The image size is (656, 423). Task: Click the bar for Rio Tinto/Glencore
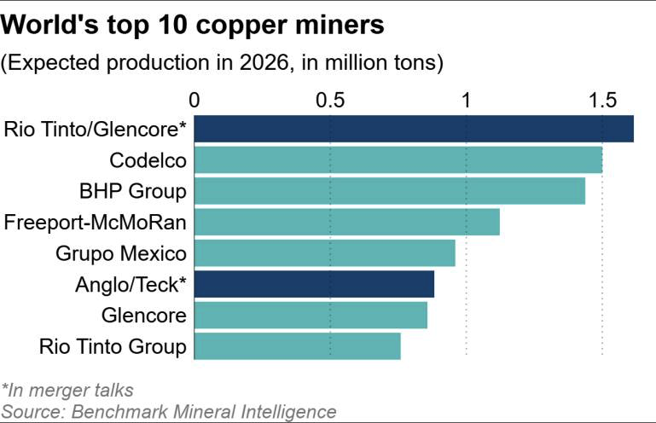pyautogui.click(x=414, y=129)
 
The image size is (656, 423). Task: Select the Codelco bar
pyautogui.click(x=398, y=160)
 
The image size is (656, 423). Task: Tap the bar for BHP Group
pyautogui.click(x=390, y=191)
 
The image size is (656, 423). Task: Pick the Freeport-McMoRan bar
pyautogui.click(x=347, y=223)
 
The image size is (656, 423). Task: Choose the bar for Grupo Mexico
pyautogui.click(x=325, y=253)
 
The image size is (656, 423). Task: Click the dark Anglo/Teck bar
pyautogui.click(x=314, y=284)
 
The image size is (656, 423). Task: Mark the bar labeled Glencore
pyautogui.click(x=311, y=315)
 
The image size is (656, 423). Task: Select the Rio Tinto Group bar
pyautogui.click(x=298, y=345)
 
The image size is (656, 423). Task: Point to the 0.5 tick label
pyautogui.click(x=330, y=99)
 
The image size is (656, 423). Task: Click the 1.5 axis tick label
pyautogui.click(x=602, y=99)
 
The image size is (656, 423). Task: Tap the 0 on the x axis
pyautogui.click(x=195, y=99)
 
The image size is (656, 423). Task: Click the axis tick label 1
pyautogui.click(x=467, y=99)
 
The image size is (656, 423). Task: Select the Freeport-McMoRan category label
pyautogui.click(x=96, y=223)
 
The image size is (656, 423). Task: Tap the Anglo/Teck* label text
pyautogui.click(x=131, y=284)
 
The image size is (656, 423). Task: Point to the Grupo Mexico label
pyautogui.click(x=120, y=253)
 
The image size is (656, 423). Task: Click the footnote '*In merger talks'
pyautogui.click(x=68, y=391)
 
